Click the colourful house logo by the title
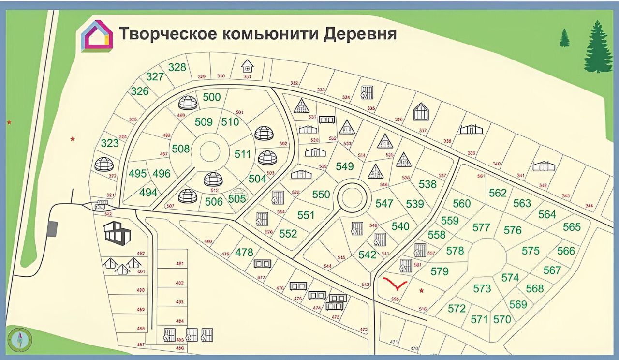click(x=97, y=36)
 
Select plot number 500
click(x=211, y=97)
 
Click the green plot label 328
click(x=177, y=67)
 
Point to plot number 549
click(x=344, y=166)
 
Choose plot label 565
click(x=572, y=226)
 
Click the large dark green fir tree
click(x=598, y=47)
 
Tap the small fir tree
click(x=564, y=38)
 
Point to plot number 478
click(x=244, y=252)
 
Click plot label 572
click(x=457, y=308)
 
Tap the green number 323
click(x=110, y=143)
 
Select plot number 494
click(x=148, y=193)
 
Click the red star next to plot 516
click(x=421, y=291)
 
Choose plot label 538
click(x=427, y=184)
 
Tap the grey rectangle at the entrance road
click(x=53, y=229)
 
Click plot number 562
click(x=498, y=193)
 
